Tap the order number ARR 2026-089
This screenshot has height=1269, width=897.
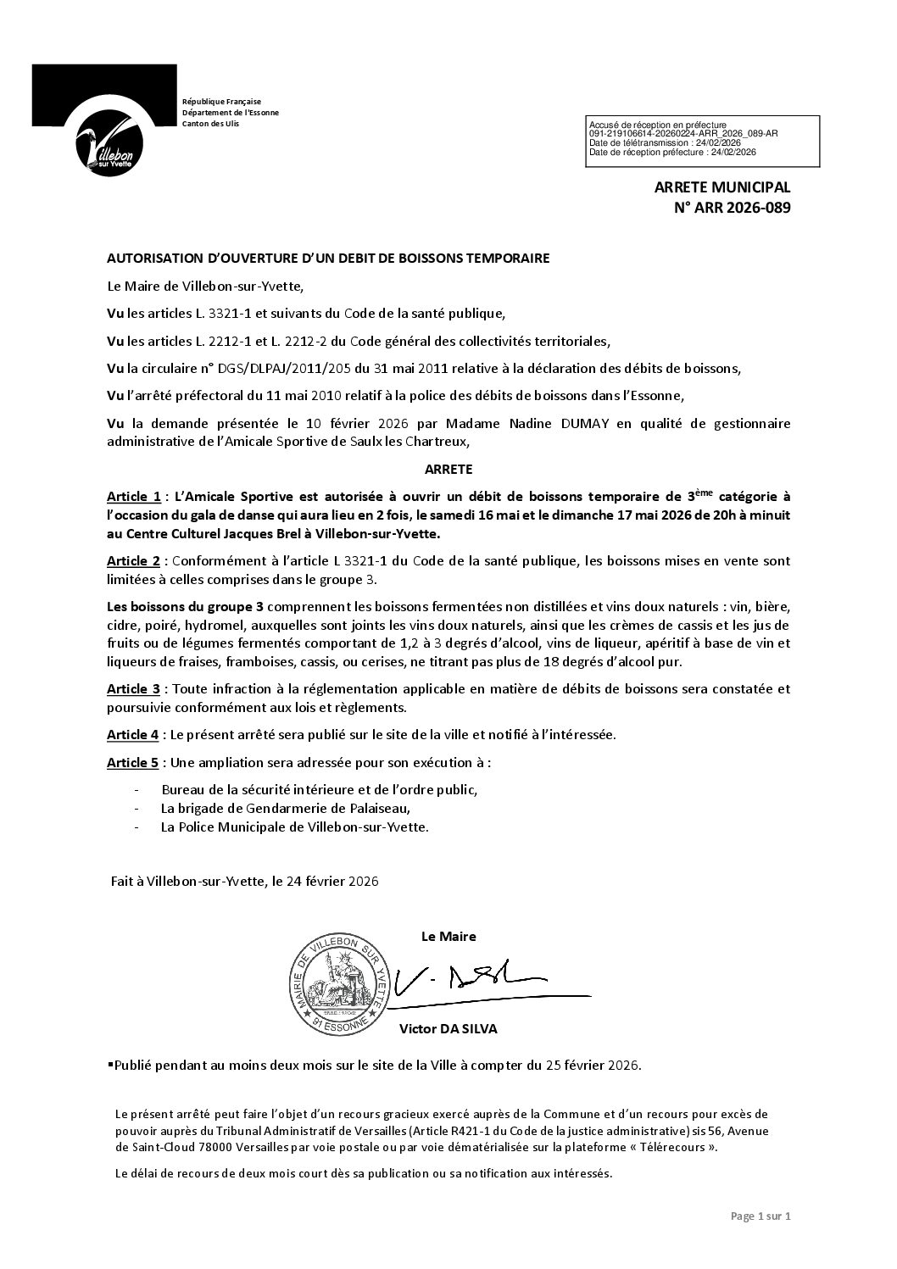(x=735, y=207)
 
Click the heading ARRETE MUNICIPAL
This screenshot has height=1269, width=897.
(x=721, y=186)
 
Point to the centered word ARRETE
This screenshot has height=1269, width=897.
(x=448, y=468)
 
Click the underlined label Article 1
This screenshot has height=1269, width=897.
(x=133, y=496)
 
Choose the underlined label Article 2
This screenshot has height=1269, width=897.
(x=133, y=561)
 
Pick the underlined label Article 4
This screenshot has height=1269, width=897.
(x=133, y=735)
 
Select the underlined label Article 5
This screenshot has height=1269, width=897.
(x=133, y=763)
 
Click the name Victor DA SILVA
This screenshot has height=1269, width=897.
(x=448, y=1029)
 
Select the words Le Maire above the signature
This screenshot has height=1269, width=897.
(x=448, y=937)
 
